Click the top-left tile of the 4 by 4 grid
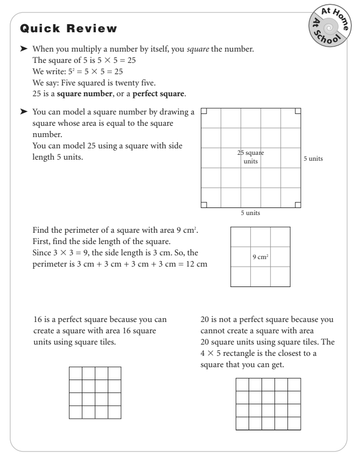(x=75, y=373)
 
